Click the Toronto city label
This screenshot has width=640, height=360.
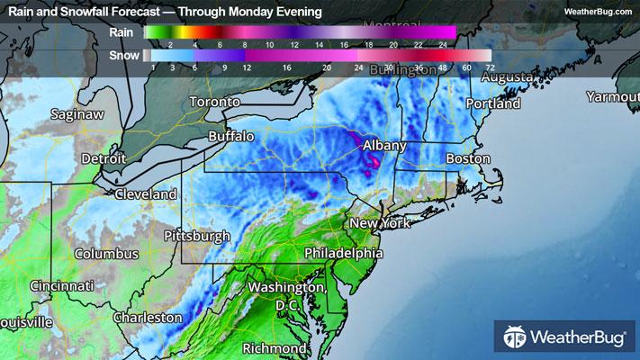(215, 103)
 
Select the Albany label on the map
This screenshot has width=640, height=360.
(385, 145)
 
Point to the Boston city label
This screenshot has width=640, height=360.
(467, 158)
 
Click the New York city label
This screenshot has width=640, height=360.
(379, 223)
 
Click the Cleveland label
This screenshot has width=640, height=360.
(145, 194)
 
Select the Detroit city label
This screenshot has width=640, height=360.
(104, 158)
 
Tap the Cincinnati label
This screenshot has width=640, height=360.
(61, 285)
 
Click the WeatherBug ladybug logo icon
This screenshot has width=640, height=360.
(516, 338)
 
